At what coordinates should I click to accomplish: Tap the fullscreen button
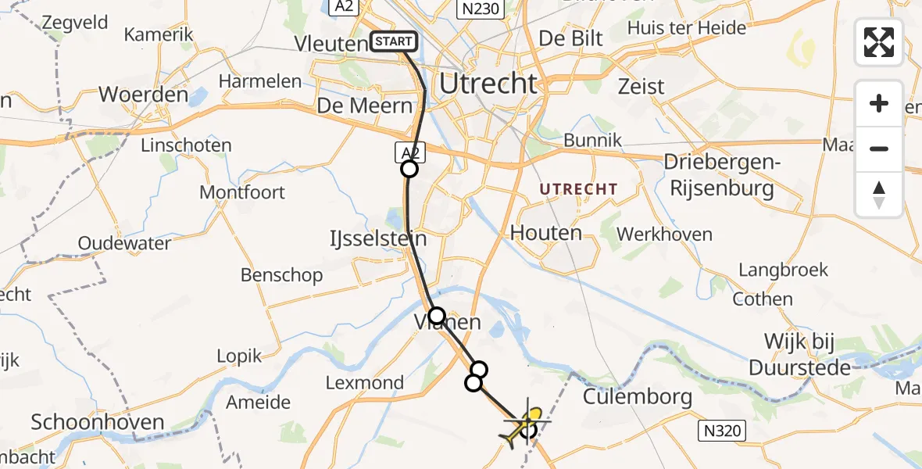click(x=879, y=42)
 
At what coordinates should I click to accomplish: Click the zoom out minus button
click(x=879, y=149)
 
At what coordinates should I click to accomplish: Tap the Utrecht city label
click(x=489, y=83)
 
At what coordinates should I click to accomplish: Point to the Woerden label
click(x=143, y=95)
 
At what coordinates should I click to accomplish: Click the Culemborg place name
click(x=638, y=397)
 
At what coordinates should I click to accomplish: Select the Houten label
click(x=546, y=232)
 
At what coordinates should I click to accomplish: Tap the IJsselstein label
click(x=378, y=238)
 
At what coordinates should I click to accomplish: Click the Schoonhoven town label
click(x=98, y=424)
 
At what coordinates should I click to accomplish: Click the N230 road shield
click(x=480, y=8)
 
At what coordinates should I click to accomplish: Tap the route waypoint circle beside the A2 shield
click(x=409, y=169)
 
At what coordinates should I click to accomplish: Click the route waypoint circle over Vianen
click(x=437, y=316)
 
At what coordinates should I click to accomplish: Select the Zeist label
click(x=641, y=86)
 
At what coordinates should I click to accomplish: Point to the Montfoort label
click(x=242, y=192)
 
